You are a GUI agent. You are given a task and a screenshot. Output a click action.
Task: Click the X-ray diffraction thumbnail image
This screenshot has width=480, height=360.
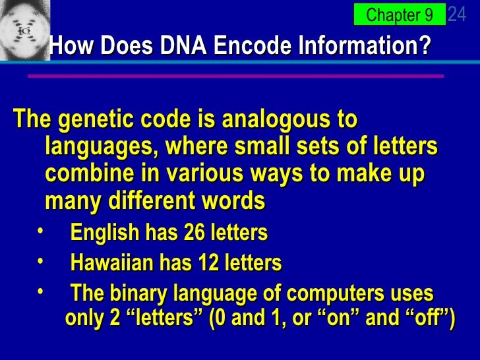tap(24, 30)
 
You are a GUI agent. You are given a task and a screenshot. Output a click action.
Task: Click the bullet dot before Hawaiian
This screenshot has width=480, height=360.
tap(42, 261)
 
